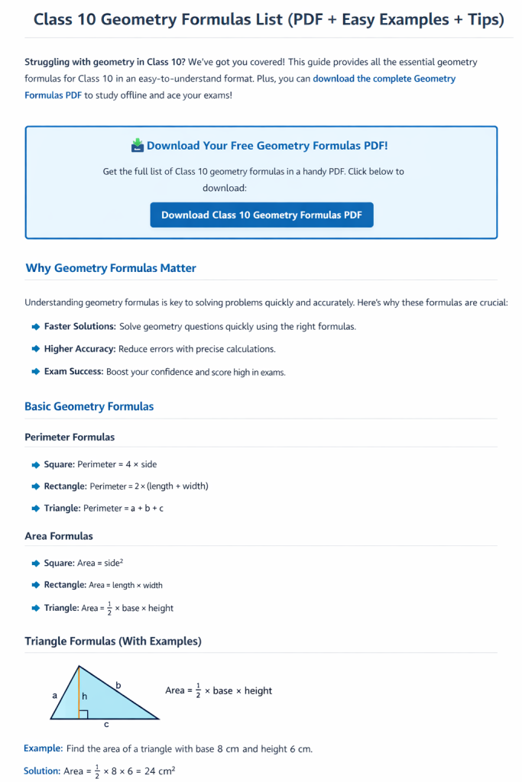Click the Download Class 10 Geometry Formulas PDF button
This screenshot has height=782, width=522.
(261, 215)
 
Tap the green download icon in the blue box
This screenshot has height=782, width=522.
(138, 145)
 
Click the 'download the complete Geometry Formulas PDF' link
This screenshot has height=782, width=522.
(239, 87)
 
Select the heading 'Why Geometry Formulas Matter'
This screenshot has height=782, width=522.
(111, 268)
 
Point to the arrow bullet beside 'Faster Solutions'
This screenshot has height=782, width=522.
(36, 327)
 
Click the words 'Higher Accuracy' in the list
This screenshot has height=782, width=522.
(79, 349)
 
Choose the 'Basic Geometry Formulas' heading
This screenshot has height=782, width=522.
(89, 406)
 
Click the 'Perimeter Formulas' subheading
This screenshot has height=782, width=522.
(70, 438)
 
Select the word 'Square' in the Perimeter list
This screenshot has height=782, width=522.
(58, 464)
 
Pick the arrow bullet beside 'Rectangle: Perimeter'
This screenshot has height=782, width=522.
(36, 486)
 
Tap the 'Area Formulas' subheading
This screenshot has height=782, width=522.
(59, 536)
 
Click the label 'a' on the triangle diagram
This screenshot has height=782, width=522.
(54, 696)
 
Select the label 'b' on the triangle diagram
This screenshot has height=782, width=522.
(118, 686)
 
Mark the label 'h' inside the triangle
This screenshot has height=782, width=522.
(84, 696)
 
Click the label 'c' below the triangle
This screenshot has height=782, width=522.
(105, 724)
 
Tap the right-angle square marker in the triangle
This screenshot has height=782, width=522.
(83, 715)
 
